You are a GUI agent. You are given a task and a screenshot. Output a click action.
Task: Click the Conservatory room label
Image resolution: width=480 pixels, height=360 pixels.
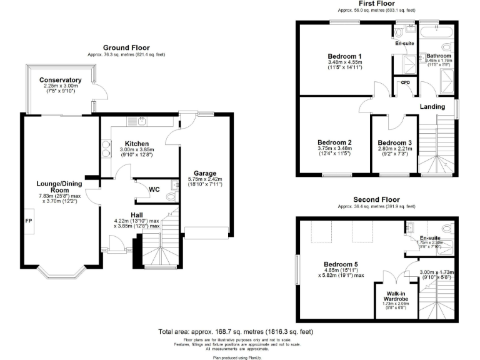click(61, 80)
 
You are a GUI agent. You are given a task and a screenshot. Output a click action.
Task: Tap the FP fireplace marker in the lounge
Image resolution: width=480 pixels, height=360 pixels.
click(28, 221)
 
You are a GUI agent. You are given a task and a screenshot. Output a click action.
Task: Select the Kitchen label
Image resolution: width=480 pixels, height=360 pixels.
click(136, 143)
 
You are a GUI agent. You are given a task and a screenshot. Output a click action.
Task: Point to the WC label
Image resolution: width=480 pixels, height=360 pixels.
click(154, 188)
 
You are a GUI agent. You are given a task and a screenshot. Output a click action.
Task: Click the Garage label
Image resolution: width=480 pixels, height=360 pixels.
click(205, 172)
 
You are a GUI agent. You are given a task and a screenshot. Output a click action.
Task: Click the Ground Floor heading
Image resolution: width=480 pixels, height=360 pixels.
click(126, 47)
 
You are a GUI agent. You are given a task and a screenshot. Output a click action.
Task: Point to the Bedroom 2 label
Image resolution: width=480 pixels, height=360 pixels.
click(335, 142)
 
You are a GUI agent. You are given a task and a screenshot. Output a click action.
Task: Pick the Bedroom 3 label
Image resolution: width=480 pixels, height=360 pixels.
click(394, 142)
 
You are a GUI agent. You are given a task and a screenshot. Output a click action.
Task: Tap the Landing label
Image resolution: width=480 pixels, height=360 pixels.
click(432, 107)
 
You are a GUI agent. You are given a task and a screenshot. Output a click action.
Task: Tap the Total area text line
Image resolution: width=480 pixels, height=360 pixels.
click(236, 331)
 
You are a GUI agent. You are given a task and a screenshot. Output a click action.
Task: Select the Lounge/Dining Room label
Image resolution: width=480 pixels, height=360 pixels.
click(60, 186)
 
